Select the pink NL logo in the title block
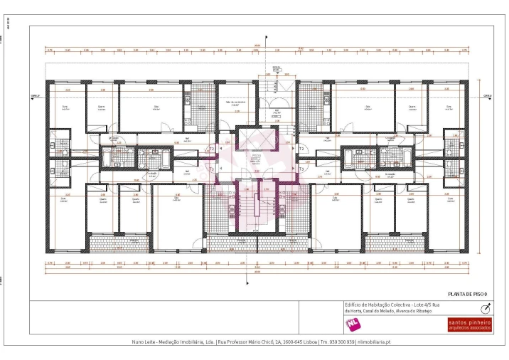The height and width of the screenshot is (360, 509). (x=351, y=324)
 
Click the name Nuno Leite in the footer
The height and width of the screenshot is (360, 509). (x=145, y=342)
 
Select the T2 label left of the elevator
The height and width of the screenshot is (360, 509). (x=211, y=149)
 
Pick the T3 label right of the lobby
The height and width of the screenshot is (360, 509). (x=301, y=169)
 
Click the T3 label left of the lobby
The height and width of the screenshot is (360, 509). (x=211, y=169)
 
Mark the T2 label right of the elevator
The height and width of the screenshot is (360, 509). (x=301, y=149)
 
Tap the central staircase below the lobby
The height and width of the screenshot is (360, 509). (x=256, y=208)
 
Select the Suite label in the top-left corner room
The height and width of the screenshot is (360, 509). (x=65, y=108)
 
